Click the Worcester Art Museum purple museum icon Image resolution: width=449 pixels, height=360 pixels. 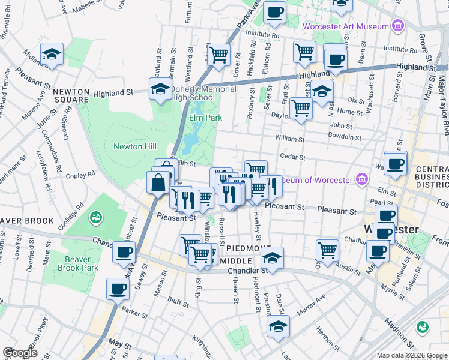click(397, 26)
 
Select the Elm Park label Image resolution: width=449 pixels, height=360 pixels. click(202, 118)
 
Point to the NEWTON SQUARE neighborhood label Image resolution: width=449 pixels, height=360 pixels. click(71, 96)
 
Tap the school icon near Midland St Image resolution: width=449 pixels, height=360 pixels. click(52, 55)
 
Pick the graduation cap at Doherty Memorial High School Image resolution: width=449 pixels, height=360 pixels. click(160, 89)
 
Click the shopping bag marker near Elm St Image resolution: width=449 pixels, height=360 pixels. click(158, 182)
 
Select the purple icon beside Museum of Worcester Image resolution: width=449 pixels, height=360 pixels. click(361, 179)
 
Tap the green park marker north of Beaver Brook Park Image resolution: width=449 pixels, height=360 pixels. click(95, 216)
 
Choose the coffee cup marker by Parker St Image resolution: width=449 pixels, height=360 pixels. click(118, 289)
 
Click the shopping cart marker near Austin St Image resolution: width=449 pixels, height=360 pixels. click(327, 250)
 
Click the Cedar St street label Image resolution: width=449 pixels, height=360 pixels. click(293, 158)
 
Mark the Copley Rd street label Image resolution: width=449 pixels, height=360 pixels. click(81, 175)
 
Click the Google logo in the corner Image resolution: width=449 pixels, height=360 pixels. click(20, 353)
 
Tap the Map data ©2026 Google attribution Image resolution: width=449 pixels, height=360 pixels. click(411, 355)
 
